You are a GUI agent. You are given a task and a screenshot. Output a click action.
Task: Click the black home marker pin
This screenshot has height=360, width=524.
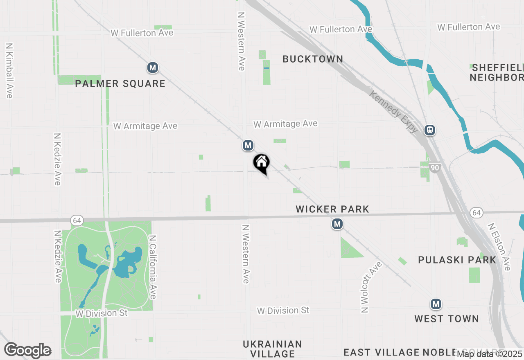point(261,163)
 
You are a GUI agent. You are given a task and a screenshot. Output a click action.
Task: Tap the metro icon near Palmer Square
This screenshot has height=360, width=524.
point(153,67)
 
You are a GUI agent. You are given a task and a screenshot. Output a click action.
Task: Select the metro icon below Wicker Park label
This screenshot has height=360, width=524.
point(337,224)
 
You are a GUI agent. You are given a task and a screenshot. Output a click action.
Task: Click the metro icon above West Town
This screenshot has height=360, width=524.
point(436,304)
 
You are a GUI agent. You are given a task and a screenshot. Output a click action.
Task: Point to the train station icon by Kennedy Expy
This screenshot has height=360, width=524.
point(429,130)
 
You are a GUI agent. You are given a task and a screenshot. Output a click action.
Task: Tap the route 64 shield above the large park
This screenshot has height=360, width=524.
point(77,220)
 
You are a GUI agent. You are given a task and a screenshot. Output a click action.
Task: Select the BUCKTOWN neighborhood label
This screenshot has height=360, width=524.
point(313,59)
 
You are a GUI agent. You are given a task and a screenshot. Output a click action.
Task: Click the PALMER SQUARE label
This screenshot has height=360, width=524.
point(120,84)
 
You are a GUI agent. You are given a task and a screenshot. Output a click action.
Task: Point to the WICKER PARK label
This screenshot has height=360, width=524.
point(332,209)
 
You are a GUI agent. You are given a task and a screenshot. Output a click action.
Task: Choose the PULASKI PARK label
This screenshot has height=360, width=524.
point(457,260)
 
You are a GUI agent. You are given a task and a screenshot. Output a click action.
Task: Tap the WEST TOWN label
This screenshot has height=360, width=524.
point(446,319)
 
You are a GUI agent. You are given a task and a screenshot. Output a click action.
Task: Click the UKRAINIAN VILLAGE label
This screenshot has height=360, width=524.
point(272,349)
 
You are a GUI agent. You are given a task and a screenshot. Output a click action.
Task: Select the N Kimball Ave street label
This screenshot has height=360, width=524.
point(9,70)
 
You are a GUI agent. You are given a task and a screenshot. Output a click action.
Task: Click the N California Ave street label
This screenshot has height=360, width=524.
point(153,267)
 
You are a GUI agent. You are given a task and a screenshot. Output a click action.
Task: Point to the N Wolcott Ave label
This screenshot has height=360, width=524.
point(372,287)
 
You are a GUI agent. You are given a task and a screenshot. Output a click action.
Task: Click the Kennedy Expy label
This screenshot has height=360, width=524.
point(393,111)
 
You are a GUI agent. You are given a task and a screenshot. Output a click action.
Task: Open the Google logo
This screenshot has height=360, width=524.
point(28,350)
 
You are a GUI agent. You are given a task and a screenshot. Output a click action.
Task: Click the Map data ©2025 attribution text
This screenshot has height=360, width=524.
point(489,353)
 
